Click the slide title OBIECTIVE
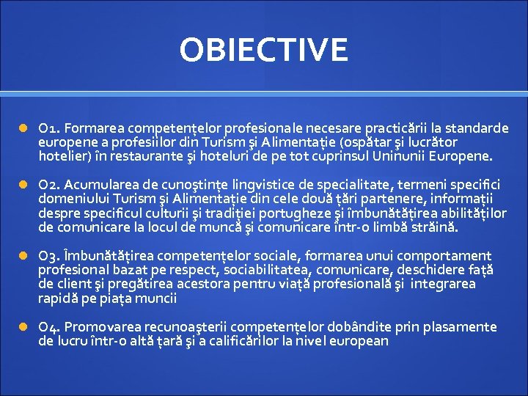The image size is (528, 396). [264, 50]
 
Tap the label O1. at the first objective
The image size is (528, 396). [50, 128]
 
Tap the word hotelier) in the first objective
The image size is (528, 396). [64, 156]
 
